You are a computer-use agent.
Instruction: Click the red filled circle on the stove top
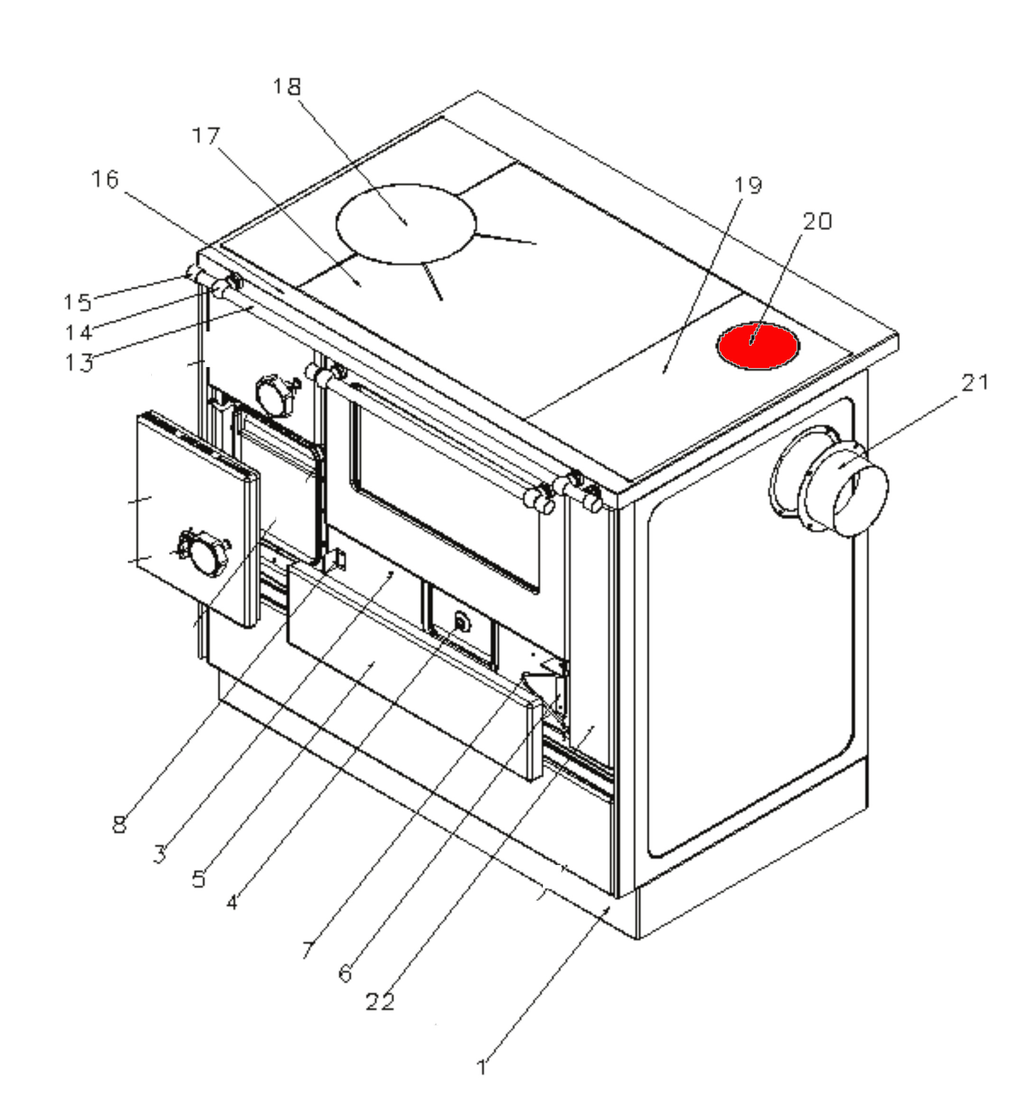click(x=758, y=346)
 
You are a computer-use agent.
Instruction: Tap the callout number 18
click(x=287, y=87)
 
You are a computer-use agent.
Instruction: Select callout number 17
click(x=206, y=136)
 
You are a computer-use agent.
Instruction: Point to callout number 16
click(x=105, y=179)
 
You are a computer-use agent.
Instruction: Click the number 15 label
click(x=77, y=303)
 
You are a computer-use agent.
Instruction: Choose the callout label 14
click(x=78, y=333)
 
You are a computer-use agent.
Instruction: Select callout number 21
click(x=975, y=383)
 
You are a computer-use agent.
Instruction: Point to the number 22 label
click(x=380, y=1002)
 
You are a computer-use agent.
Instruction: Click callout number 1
click(x=481, y=1067)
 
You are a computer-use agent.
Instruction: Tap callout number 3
click(x=160, y=853)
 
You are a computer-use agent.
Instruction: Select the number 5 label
click(x=199, y=879)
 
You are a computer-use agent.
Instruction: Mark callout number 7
click(x=308, y=949)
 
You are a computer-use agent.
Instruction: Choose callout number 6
click(x=345, y=974)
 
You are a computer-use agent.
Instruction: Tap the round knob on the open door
click(x=202, y=554)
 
